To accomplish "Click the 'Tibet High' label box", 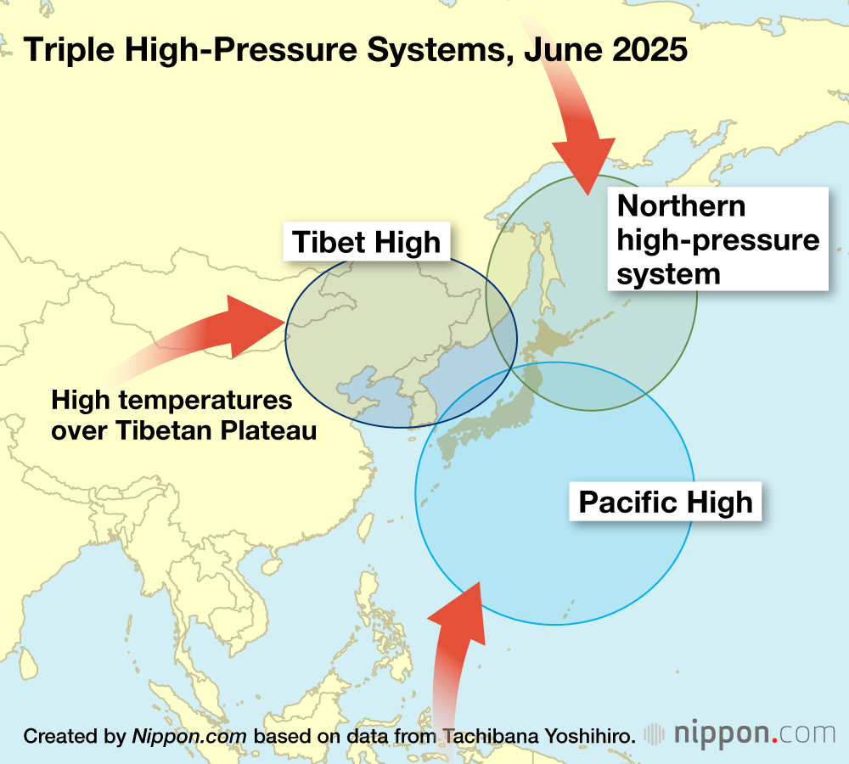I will (x=367, y=243).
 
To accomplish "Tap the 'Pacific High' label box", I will (x=665, y=502).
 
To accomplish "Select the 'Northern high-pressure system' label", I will (x=718, y=239).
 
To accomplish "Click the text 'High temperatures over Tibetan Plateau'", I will (x=183, y=414).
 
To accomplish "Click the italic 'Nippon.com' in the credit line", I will (x=188, y=736).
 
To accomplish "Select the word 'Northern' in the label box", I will (x=682, y=206).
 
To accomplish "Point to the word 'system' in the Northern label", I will (x=669, y=273).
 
